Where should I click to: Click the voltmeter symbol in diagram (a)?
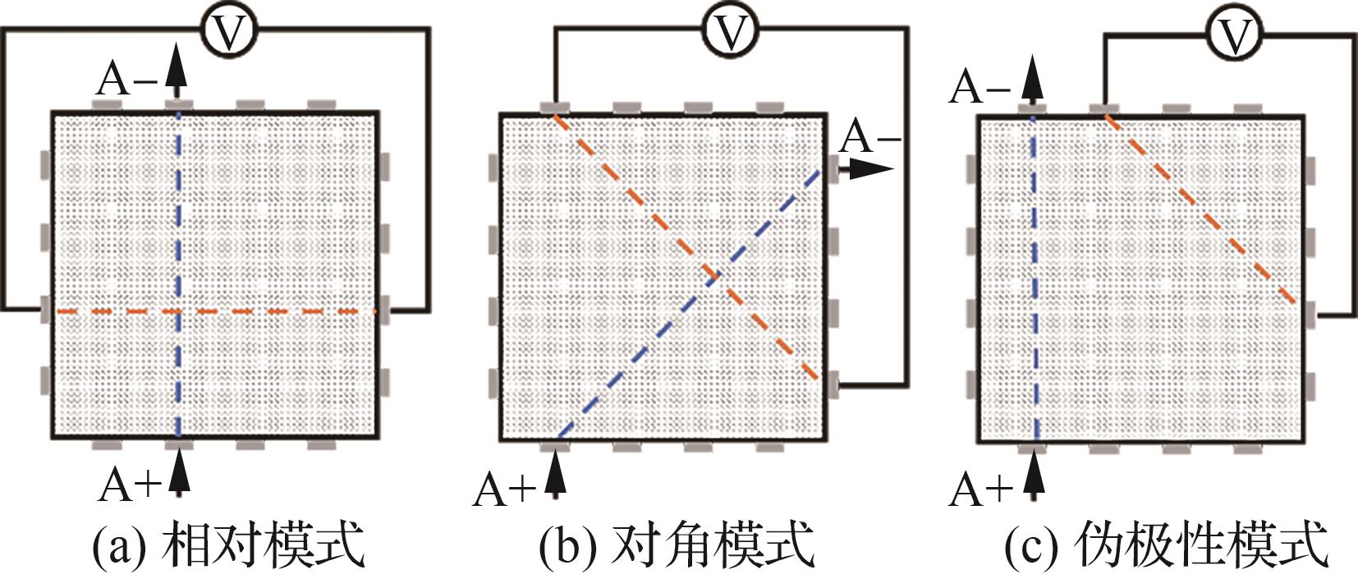coord(229,31)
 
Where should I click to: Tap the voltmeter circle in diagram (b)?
coord(730,31)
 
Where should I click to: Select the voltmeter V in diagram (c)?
coord(1234,34)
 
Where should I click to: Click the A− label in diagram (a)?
coord(127,80)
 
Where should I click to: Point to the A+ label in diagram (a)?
coord(128,485)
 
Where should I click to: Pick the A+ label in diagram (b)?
coord(503,490)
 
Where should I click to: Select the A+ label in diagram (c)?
coord(980,490)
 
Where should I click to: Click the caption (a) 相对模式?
coord(228,545)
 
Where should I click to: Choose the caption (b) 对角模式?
coord(677,545)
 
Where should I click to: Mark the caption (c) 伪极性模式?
coord(1166,545)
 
